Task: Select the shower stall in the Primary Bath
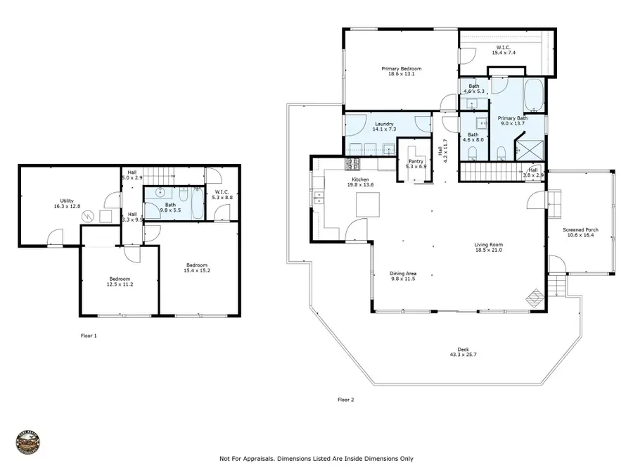(x=528, y=150)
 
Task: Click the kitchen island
(x=366, y=205)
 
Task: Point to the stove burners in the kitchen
(x=352, y=165)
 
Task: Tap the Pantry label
(x=415, y=161)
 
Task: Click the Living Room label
(x=488, y=245)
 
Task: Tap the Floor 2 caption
(x=345, y=400)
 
